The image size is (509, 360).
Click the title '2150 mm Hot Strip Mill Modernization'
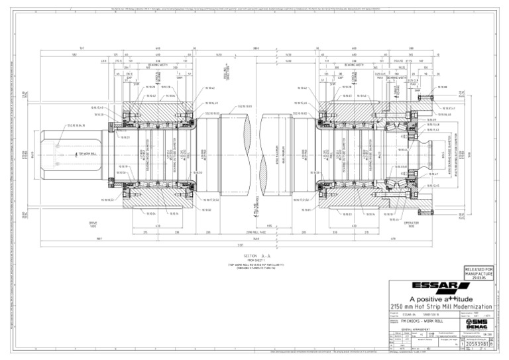(x=440, y=306)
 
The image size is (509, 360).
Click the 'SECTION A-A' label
(x=254, y=255)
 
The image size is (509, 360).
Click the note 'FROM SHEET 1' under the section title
(x=254, y=260)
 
